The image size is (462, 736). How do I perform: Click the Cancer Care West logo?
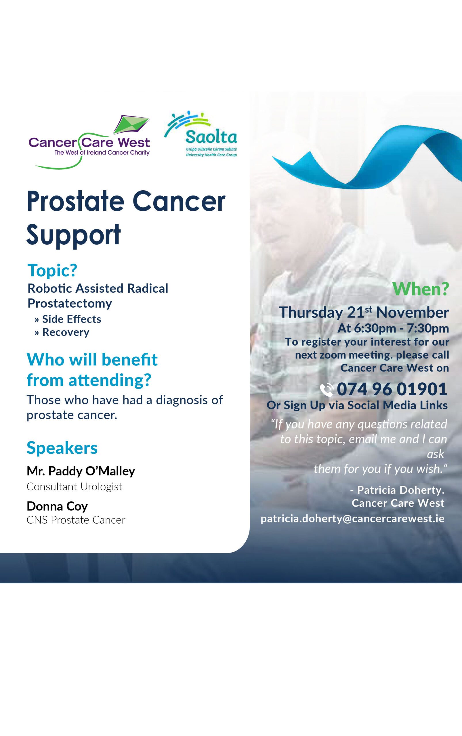(x=89, y=142)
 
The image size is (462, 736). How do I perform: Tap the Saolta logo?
(x=201, y=134)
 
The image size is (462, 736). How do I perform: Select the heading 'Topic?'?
(x=52, y=270)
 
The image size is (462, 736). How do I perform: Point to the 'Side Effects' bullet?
(x=68, y=319)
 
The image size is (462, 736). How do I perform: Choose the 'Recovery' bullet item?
(x=62, y=332)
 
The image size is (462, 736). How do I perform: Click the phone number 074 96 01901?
(x=392, y=389)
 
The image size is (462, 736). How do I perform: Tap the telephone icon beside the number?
(x=327, y=390)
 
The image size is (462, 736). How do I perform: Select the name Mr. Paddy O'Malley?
(x=81, y=471)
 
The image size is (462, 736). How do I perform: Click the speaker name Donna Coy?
(x=57, y=506)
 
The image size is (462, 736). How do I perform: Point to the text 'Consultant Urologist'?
(x=74, y=486)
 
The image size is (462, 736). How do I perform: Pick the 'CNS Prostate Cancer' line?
(x=76, y=520)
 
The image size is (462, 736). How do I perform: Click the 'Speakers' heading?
(x=62, y=448)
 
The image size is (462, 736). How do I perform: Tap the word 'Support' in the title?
(x=74, y=235)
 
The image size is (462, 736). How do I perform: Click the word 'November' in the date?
(x=413, y=313)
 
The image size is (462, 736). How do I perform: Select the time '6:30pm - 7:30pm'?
(x=402, y=328)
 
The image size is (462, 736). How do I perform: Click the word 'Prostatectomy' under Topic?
(x=70, y=303)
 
